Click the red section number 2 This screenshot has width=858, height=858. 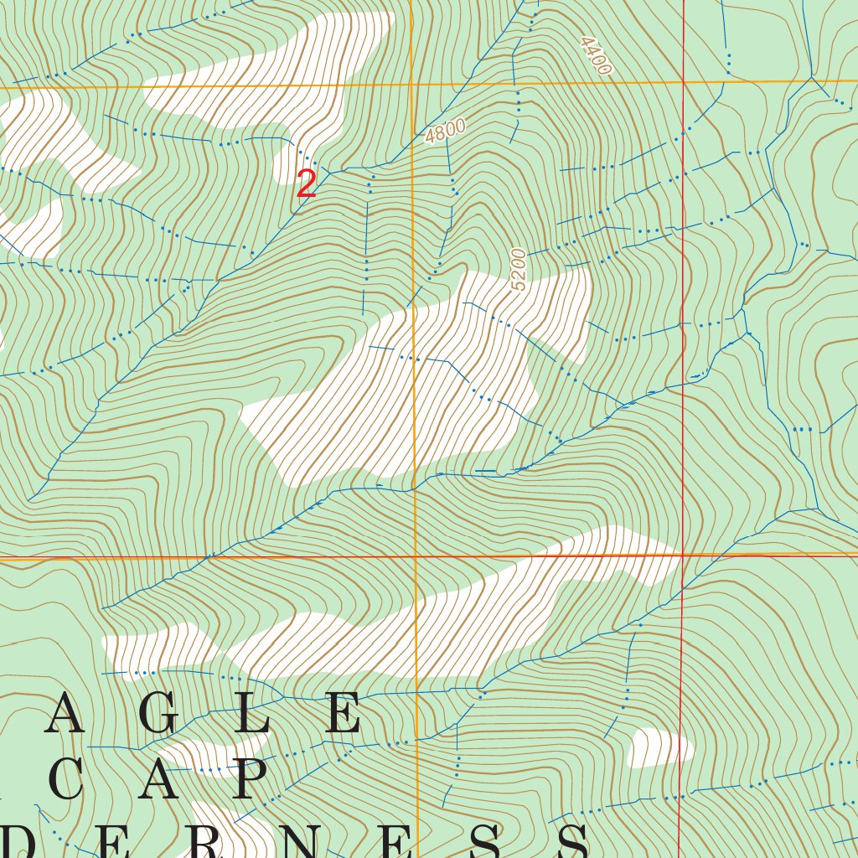307,184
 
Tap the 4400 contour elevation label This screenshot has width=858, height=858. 594,56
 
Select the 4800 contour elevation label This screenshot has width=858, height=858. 445,132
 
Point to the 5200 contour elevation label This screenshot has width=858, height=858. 519,269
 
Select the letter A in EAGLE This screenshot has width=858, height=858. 65,715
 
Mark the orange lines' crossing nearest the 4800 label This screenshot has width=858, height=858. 412,84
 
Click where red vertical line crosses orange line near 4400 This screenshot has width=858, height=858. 684,82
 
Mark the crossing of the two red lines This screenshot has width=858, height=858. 683,555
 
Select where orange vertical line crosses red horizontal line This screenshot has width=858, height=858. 416,556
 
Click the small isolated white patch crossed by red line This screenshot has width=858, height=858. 659,747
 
